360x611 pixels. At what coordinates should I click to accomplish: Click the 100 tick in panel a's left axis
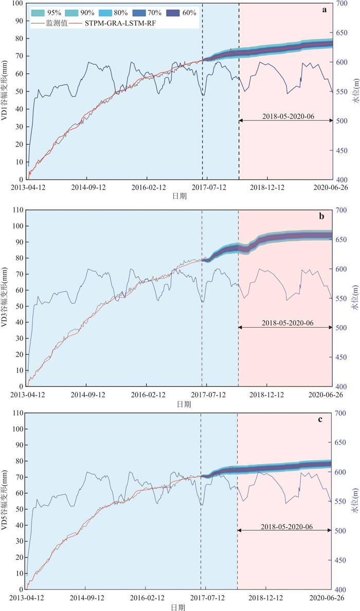(15, 4)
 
